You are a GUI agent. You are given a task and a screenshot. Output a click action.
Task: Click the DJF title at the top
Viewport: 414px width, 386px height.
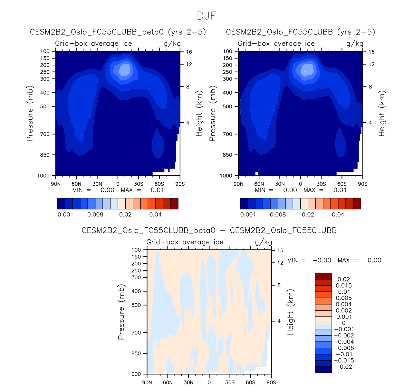click(x=207, y=16)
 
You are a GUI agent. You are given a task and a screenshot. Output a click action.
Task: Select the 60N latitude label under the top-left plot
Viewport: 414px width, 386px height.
click(x=76, y=184)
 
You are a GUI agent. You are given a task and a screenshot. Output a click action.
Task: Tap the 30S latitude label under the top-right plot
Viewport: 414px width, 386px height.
click(x=321, y=184)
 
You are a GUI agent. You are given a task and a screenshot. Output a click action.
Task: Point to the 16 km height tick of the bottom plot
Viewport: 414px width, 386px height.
click(x=280, y=250)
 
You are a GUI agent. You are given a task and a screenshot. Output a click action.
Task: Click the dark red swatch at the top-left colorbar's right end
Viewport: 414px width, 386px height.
click(x=174, y=204)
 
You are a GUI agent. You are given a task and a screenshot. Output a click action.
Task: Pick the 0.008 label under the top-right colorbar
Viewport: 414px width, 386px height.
click(x=278, y=215)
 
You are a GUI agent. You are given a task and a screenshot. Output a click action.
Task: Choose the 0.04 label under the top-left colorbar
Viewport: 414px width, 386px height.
click(x=155, y=215)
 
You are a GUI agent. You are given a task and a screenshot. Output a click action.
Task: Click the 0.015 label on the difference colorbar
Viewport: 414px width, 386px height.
click(x=344, y=286)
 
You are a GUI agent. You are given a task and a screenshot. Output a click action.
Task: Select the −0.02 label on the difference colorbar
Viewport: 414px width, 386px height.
click(x=344, y=367)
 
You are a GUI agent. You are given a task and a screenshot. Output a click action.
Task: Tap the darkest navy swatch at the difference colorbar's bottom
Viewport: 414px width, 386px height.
click(x=323, y=370)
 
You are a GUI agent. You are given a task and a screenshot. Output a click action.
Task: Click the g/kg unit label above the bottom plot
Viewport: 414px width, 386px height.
click(x=264, y=242)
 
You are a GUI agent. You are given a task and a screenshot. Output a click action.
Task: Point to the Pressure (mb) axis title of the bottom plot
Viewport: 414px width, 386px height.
click(x=121, y=312)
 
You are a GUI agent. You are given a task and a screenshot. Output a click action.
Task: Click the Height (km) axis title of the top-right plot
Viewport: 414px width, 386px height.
click(x=382, y=114)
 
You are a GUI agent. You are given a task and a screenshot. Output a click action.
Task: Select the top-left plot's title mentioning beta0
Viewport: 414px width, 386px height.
click(x=118, y=32)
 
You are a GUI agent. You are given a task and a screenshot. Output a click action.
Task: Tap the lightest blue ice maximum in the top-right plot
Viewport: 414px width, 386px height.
click(x=305, y=71)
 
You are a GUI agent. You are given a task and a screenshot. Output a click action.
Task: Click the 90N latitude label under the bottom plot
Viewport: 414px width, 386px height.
click(x=147, y=382)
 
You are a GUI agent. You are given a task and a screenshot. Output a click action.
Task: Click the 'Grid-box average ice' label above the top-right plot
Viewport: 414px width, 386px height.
click(x=276, y=44)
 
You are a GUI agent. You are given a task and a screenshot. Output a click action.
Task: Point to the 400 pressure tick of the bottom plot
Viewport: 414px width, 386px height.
click(x=137, y=291)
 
